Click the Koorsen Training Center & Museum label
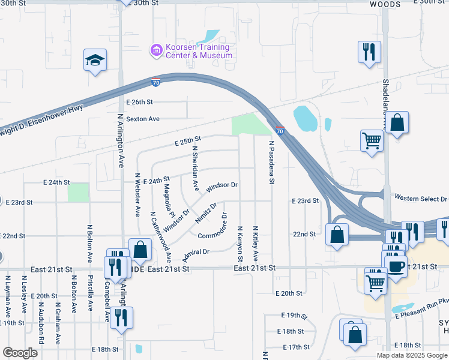point(199,52)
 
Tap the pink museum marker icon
point(157,51)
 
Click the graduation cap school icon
point(95,60)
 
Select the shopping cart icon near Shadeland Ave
point(372,141)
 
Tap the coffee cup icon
point(396,266)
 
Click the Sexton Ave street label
point(142,119)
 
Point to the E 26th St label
point(139,102)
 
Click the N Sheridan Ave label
point(194,167)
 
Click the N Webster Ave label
point(137,195)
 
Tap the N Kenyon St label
point(240,244)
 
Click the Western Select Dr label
point(421,198)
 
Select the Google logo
point(20,353)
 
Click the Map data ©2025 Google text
point(412,355)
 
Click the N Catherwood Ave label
point(160,237)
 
